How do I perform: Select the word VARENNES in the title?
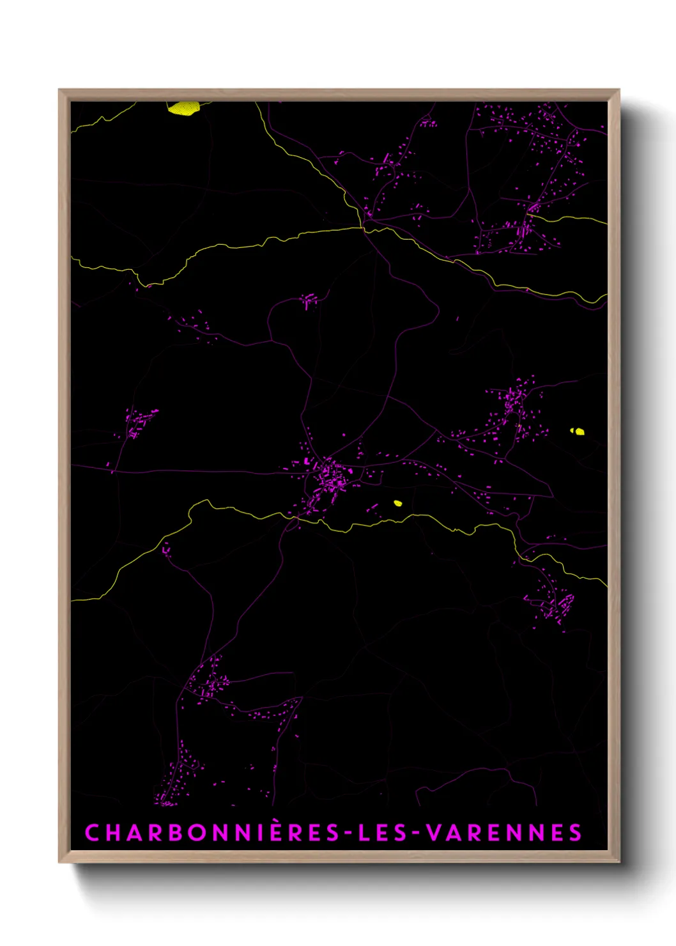coord(503,833)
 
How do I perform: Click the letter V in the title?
coord(433,833)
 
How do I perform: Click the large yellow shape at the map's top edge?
coord(184,108)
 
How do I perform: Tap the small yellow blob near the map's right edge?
coord(578,431)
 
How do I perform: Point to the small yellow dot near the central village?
coord(397,503)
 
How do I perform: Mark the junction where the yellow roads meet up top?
coord(362,227)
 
